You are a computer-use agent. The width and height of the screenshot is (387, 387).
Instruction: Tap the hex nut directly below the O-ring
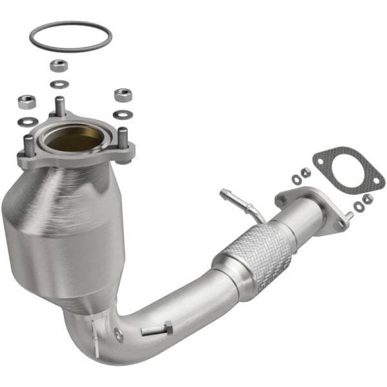coord(59,65)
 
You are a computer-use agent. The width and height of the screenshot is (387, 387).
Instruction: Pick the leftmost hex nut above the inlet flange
coord(26,101)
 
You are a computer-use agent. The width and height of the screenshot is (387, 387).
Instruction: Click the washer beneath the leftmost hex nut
coord(26,121)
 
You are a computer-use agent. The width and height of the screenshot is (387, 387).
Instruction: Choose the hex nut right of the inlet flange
coord(123,95)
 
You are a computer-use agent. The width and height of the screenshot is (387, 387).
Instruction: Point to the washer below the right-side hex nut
coord(123,115)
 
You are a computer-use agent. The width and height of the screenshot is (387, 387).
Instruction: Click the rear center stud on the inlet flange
coord(60,106)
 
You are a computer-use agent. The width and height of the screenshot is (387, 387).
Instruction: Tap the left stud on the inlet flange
coord(28,144)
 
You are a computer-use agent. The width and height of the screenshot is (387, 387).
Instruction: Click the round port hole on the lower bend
coord(118,333)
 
